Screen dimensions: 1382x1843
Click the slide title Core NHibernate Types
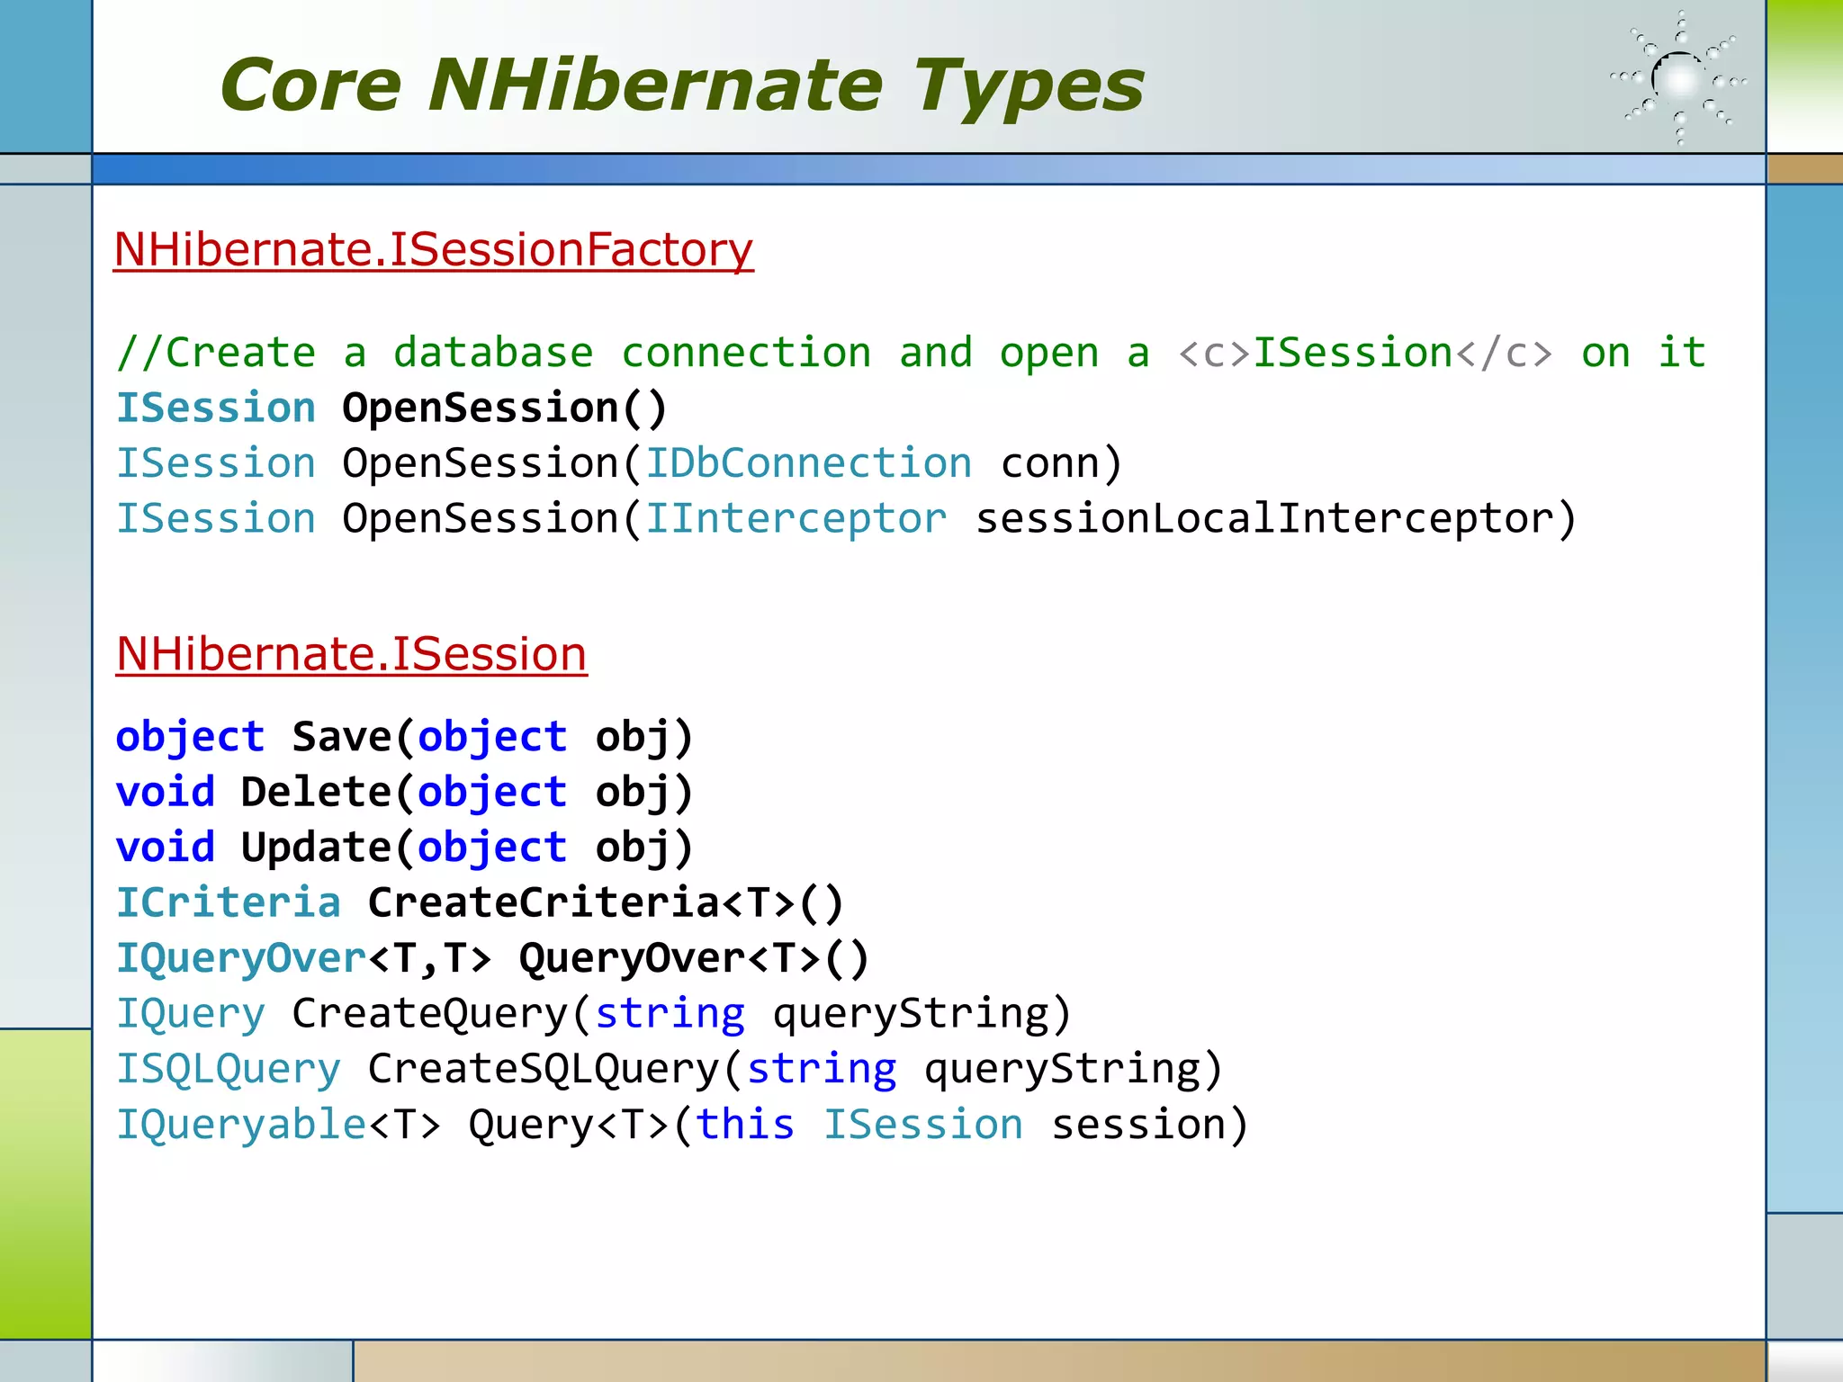pyautogui.click(x=682, y=85)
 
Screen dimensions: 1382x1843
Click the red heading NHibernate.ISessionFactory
pyautogui.click(x=433, y=249)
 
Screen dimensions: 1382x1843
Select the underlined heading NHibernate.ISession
pyautogui.click(x=351, y=653)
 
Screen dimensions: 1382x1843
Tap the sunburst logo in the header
pyautogui.click(x=1678, y=79)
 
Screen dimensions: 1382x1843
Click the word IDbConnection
pyautogui.click(x=808, y=463)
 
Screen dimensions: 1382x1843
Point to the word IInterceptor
pyautogui.click(x=796, y=519)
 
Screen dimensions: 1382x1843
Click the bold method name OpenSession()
pyautogui.click(x=504, y=408)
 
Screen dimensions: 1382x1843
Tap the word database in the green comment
pyautogui.click(x=493, y=353)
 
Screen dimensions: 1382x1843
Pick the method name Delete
pyautogui.click(x=315, y=793)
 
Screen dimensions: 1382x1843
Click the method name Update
pyautogui.click(x=315, y=848)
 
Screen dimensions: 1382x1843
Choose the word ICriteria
pyautogui.click(x=229, y=902)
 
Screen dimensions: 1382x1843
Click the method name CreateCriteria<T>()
pyautogui.click(x=605, y=902)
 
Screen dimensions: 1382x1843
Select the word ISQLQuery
pyautogui.click(x=229, y=1069)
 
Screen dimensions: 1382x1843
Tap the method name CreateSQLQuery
pyautogui.click(x=544, y=1069)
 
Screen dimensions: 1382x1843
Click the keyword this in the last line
pyautogui.click(x=744, y=1125)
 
